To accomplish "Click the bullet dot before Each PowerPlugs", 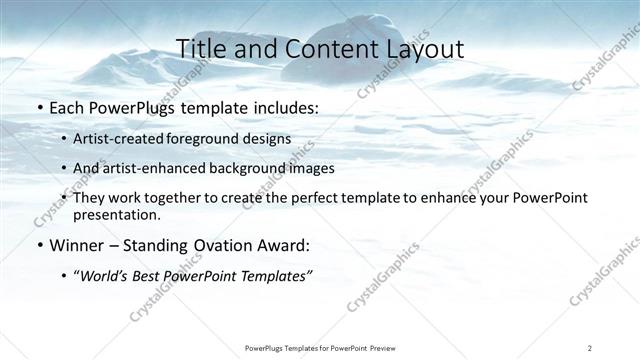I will (39, 105).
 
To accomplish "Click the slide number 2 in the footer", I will (590, 347).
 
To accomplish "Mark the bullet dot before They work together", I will (65, 198).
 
